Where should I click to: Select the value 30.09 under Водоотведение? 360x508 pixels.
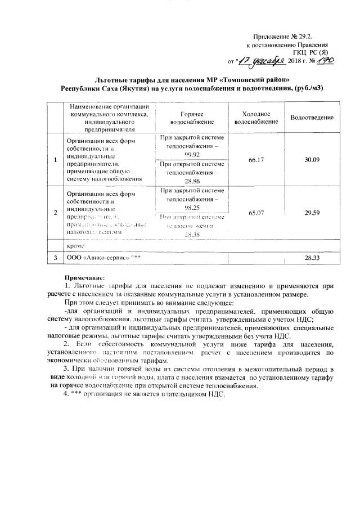312,160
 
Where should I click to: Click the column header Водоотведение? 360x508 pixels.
312,117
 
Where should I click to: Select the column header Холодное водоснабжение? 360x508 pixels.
256,117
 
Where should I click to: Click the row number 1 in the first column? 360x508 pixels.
55,160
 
